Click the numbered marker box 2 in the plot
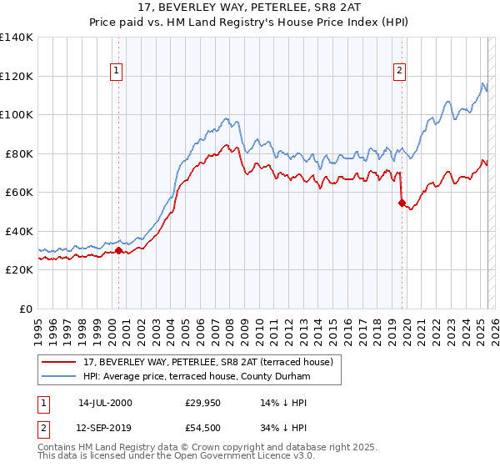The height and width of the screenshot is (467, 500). pos(400,71)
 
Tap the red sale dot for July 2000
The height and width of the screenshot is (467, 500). pos(119,250)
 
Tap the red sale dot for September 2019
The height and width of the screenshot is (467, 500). pos(402,203)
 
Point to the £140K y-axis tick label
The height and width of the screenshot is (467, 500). pos(17,38)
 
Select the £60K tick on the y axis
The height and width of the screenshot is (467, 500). pos(19,192)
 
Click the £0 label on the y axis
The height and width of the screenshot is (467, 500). pos(25,309)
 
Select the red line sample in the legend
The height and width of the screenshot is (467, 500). pos(59,362)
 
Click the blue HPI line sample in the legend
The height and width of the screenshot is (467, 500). pos(59,377)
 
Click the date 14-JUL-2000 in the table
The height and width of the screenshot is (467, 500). pos(105,403)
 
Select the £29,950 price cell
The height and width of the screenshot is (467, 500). pos(203,403)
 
